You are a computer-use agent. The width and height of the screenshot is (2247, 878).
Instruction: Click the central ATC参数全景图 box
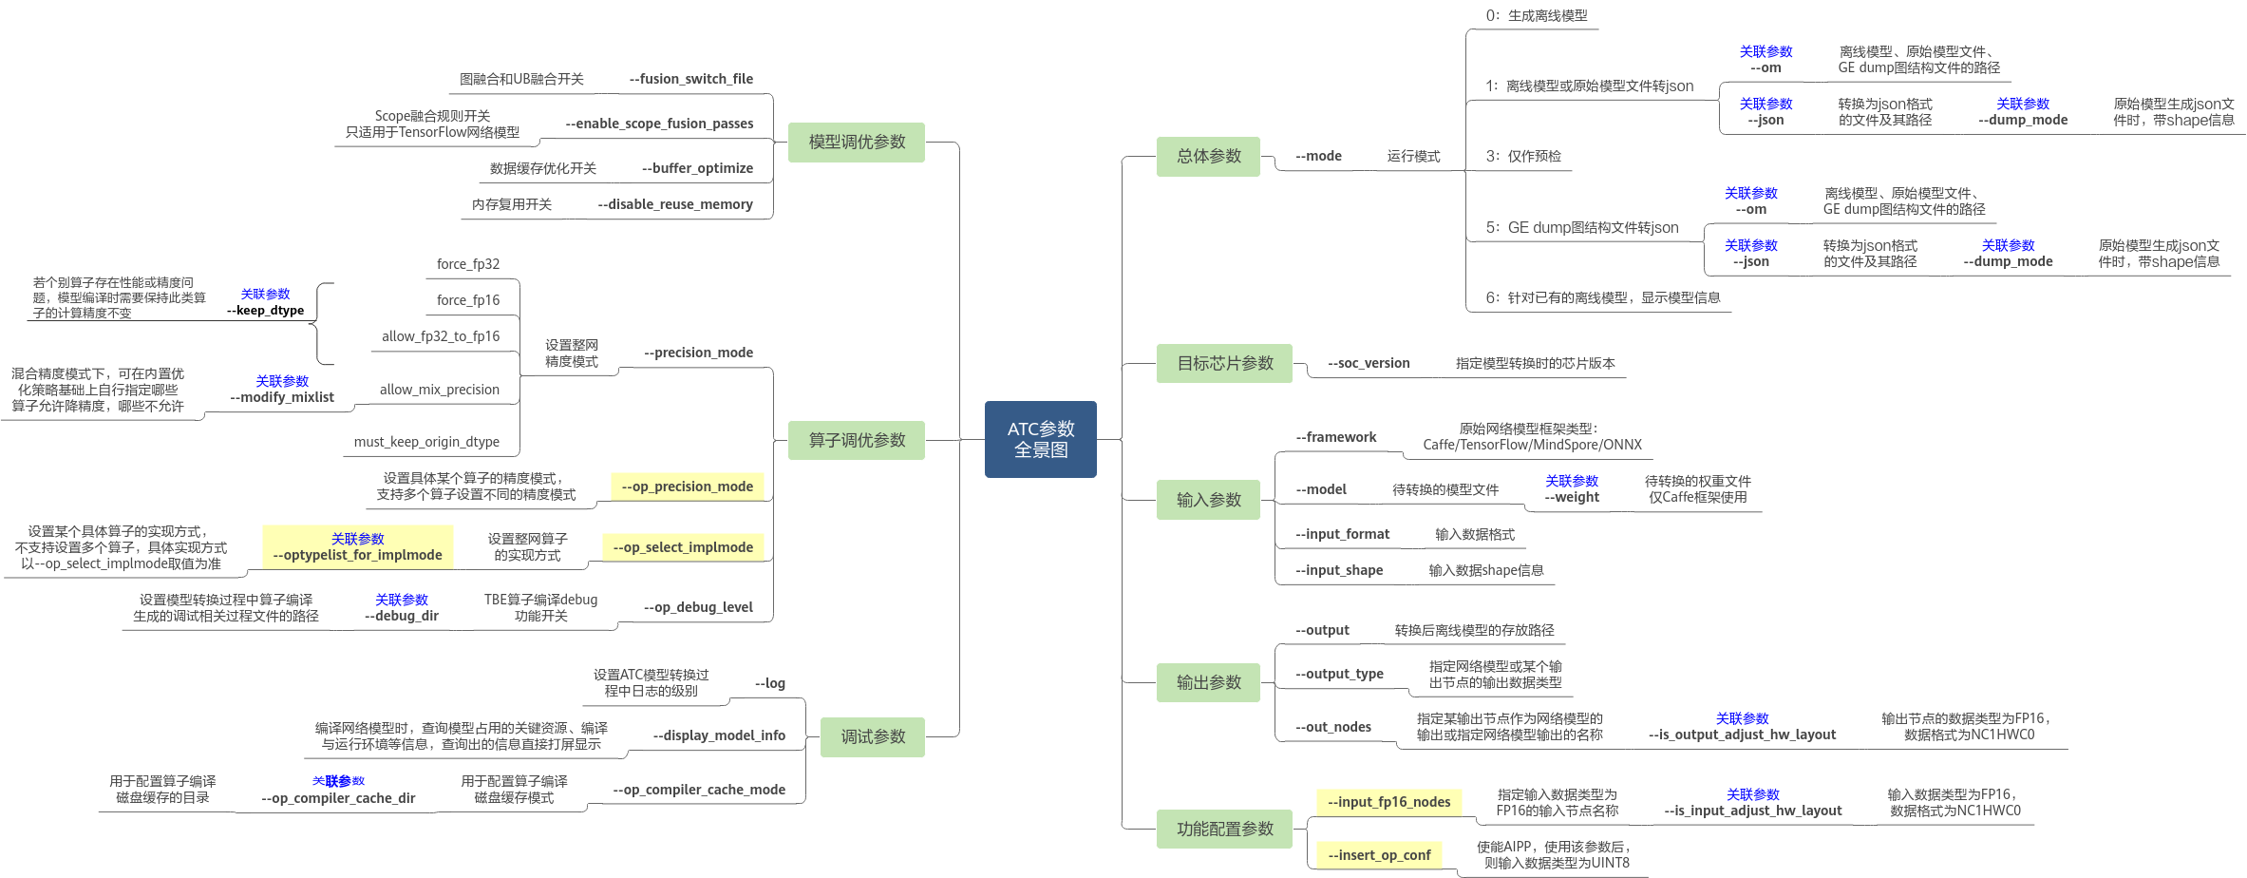pyautogui.click(x=1041, y=439)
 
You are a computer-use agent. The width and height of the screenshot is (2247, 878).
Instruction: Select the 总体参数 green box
pyautogui.click(x=1208, y=156)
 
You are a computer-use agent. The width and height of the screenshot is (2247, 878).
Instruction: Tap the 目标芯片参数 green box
pyautogui.click(x=1224, y=363)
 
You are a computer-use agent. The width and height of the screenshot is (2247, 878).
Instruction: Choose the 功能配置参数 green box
pyautogui.click(x=1224, y=829)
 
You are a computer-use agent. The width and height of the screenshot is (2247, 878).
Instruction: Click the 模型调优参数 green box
pyautogui.click(x=857, y=142)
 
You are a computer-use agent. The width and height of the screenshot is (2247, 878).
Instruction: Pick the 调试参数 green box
pyautogui.click(x=873, y=736)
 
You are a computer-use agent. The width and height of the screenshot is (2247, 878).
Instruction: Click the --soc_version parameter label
pyautogui.click(x=1369, y=363)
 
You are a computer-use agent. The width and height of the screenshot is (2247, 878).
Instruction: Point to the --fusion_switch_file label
pyautogui.click(x=691, y=79)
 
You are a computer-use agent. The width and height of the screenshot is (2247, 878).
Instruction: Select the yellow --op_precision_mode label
pyautogui.click(x=687, y=487)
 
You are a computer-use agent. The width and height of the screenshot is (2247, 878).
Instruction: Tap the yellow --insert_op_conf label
pyautogui.click(x=1379, y=855)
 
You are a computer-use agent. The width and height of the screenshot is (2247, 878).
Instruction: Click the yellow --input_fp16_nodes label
pyautogui.click(x=1388, y=802)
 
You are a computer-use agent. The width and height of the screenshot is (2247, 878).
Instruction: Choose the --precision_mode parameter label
pyautogui.click(x=698, y=353)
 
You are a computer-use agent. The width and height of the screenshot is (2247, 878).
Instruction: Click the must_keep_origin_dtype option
pyautogui.click(x=426, y=442)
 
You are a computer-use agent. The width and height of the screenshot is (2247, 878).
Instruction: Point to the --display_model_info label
pyautogui.click(x=719, y=735)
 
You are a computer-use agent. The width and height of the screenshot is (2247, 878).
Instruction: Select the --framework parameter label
pyautogui.click(x=1335, y=437)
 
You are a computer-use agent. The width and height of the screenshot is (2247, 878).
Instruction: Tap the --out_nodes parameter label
pyautogui.click(x=1333, y=727)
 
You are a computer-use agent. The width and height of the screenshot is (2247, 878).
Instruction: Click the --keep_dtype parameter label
pyautogui.click(x=265, y=311)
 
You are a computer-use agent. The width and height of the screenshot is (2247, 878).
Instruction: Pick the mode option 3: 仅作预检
pyautogui.click(x=1523, y=156)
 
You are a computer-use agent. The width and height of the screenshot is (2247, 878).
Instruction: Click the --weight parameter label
pyautogui.click(x=1572, y=497)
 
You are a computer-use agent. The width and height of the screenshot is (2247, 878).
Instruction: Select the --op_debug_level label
pyautogui.click(x=698, y=607)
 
